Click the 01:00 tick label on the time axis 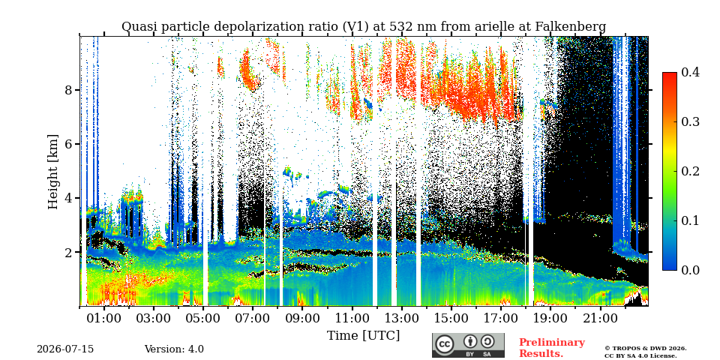tap(105, 317)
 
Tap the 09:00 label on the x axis tap(302, 317)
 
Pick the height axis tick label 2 tap(68, 252)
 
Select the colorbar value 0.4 tap(690, 73)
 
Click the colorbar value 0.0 tap(690, 270)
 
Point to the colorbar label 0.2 tap(690, 171)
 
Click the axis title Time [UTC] tap(363, 336)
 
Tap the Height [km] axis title tap(54, 172)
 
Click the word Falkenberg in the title tap(571, 27)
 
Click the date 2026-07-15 tap(65, 349)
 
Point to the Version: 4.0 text tap(174, 349)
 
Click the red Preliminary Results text tap(552, 347)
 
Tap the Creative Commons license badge tap(468, 345)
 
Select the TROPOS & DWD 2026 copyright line tap(645, 349)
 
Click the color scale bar tap(670, 171)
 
